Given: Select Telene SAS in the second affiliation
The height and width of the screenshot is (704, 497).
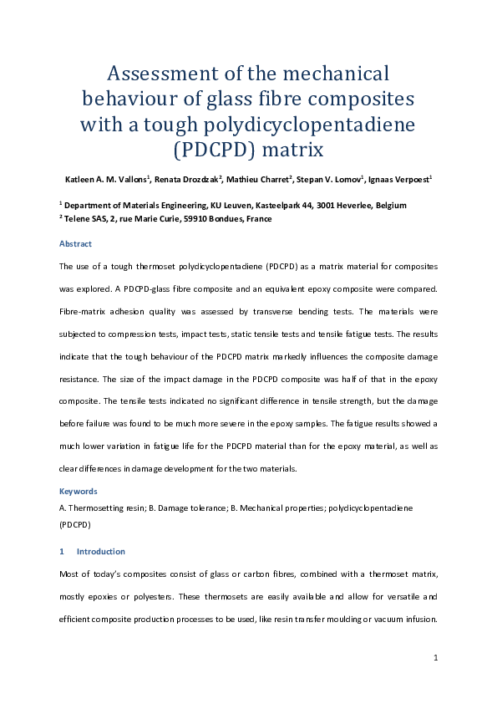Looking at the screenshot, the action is click(x=87, y=218).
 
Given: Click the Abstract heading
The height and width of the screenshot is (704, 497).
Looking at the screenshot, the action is click(x=75, y=244).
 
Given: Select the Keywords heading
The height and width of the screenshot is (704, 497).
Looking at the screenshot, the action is click(x=78, y=492).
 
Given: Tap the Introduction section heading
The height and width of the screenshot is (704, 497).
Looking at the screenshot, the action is click(x=100, y=552).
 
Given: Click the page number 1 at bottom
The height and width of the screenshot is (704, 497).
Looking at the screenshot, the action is click(x=436, y=659).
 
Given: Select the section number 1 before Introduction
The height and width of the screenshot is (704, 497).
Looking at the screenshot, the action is click(x=62, y=552).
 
